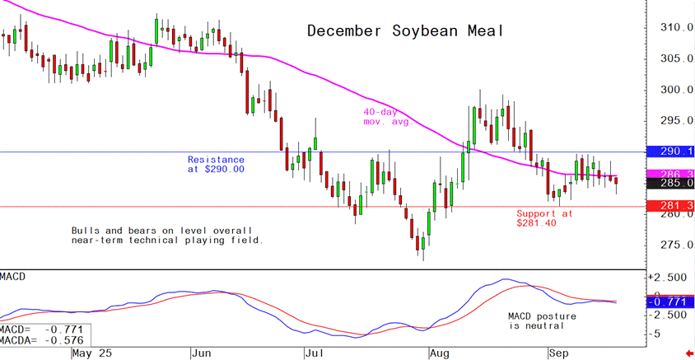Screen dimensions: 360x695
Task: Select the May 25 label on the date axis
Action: click(x=93, y=353)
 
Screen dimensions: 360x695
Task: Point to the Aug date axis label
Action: click(x=441, y=353)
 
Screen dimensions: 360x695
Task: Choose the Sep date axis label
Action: click(x=561, y=353)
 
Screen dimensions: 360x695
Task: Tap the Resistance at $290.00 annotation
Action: click(x=216, y=164)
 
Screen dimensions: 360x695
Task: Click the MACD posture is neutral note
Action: click(x=541, y=320)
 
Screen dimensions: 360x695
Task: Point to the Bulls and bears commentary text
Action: click(x=167, y=235)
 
